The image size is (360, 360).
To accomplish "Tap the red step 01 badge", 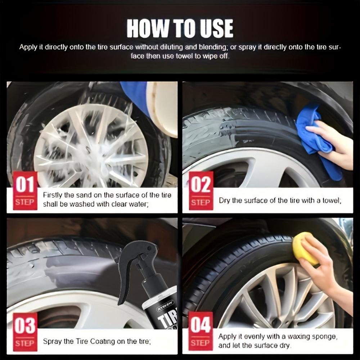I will pos(25,190).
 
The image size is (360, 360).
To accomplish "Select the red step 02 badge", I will pos(201,190).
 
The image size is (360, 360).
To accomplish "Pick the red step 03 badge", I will pos(25,332).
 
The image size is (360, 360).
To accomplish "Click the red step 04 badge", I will pos(201,332).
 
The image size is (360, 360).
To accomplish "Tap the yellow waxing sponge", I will pos(305,248).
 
